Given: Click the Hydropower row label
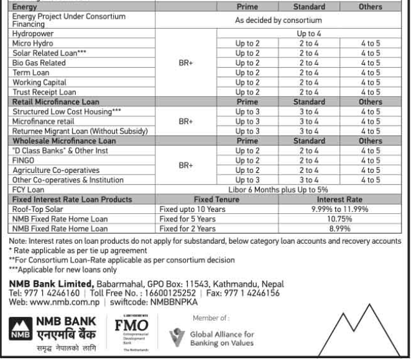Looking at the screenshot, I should point(32,34).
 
